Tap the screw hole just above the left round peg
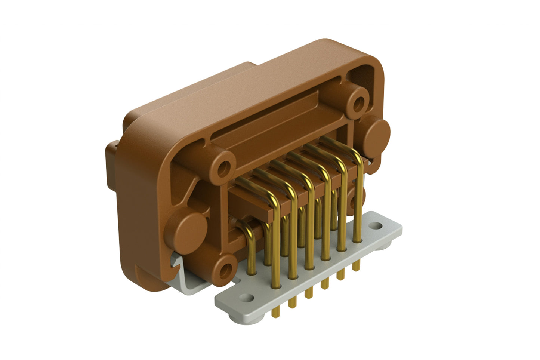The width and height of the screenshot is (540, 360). click(224, 168)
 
